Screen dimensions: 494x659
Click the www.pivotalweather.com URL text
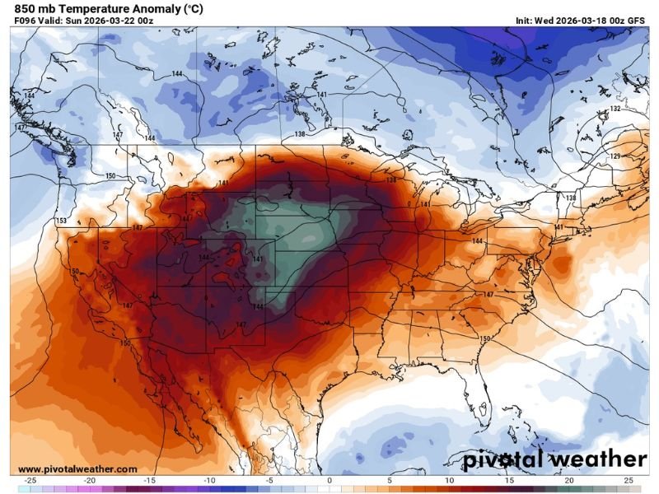(x=77, y=468)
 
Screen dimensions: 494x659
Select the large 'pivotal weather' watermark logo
(x=554, y=459)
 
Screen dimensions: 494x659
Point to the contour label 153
(x=61, y=221)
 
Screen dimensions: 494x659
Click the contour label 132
(x=615, y=110)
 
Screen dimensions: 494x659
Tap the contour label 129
(x=615, y=156)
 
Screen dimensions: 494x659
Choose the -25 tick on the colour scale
(x=30, y=480)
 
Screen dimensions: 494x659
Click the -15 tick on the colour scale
(x=150, y=480)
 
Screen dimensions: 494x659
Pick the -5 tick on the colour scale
(x=269, y=480)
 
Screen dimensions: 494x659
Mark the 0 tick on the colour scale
(x=329, y=480)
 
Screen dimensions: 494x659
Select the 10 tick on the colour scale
(x=449, y=480)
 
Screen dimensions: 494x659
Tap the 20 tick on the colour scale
(x=568, y=480)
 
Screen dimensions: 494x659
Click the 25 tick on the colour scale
(x=628, y=480)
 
